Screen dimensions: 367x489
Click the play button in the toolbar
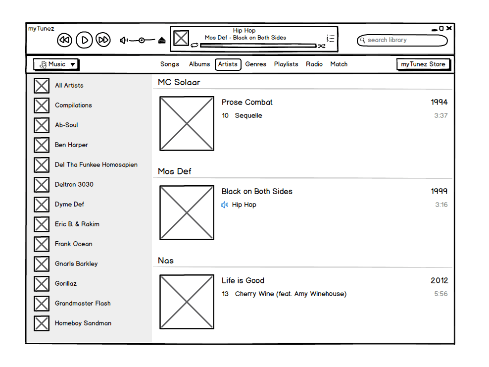(x=85, y=40)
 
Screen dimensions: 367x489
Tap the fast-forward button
(x=103, y=40)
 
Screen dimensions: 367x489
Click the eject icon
(x=162, y=40)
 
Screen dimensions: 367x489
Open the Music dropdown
(x=56, y=64)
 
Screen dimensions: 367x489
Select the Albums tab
(x=199, y=64)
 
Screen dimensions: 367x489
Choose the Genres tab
(x=255, y=64)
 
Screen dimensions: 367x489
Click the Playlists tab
(x=286, y=64)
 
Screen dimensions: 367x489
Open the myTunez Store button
(x=423, y=64)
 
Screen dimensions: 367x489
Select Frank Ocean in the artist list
(x=73, y=244)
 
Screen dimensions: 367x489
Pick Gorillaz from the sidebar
(x=66, y=284)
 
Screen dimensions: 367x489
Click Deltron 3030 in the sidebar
(x=74, y=185)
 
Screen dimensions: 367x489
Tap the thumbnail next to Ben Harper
(x=42, y=145)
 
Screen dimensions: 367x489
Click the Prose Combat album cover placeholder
(x=187, y=123)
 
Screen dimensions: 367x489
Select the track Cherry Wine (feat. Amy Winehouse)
(x=290, y=294)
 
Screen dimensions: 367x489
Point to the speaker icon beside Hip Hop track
(x=225, y=205)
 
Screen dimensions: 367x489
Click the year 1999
(x=439, y=192)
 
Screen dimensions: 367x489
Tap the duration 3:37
(x=440, y=116)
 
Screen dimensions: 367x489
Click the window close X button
(x=448, y=28)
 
